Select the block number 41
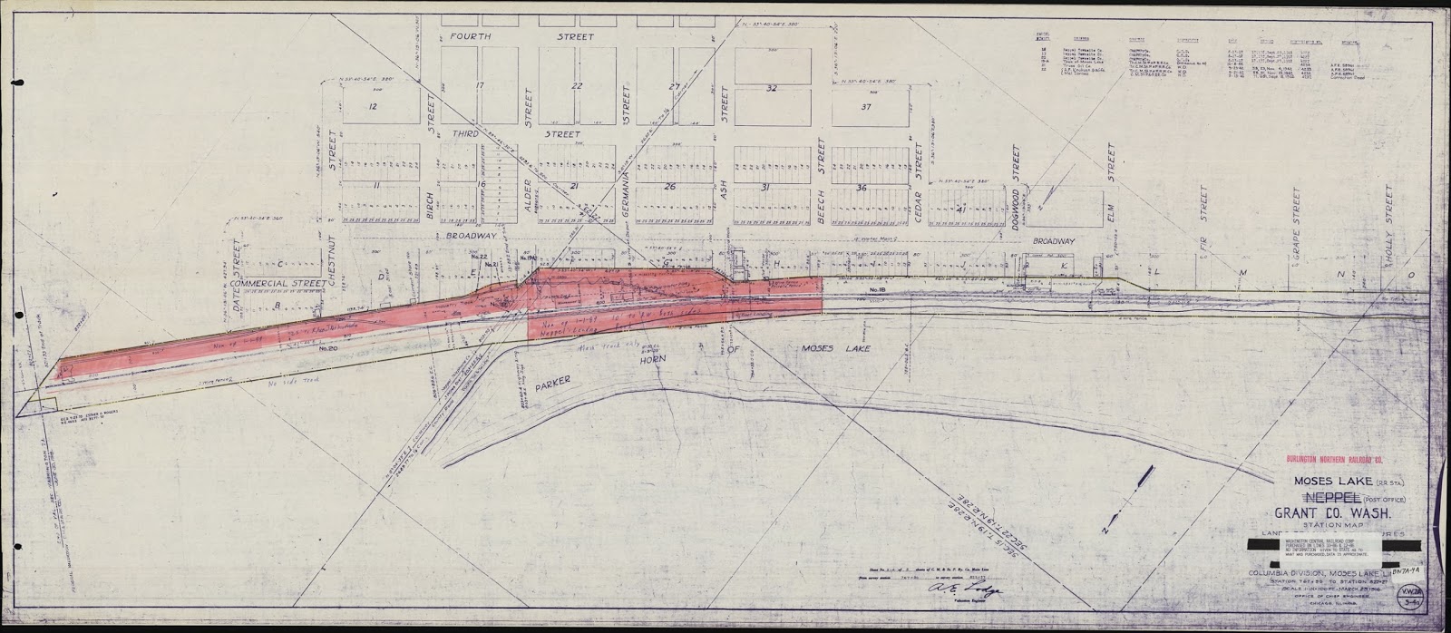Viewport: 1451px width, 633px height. tap(959, 208)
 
